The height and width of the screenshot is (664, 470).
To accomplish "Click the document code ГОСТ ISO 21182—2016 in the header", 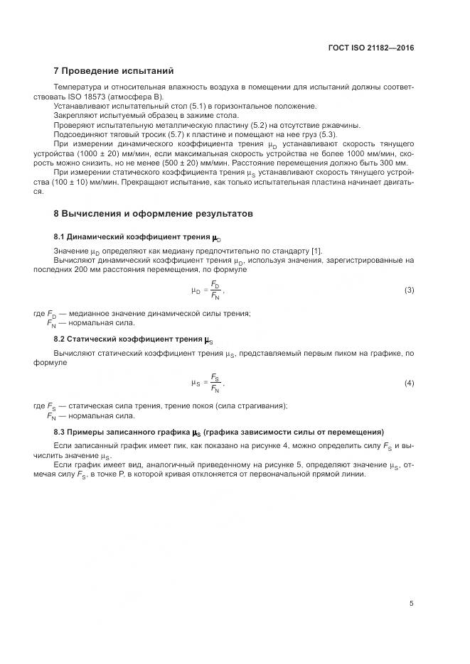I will point(371,48).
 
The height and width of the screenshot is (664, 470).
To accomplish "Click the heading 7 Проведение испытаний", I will point(114,71).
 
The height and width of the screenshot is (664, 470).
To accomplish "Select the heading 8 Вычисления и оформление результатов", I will point(153,213).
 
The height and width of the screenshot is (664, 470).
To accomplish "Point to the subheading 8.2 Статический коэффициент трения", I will point(133,339).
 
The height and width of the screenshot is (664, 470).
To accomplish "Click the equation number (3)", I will point(409,290).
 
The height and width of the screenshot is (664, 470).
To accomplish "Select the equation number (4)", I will point(409,383).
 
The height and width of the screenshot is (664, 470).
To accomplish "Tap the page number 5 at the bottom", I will point(411,604).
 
